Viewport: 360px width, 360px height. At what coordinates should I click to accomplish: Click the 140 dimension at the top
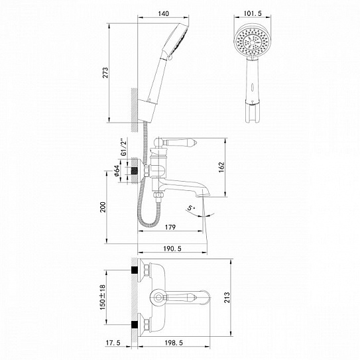pos(166,12)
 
